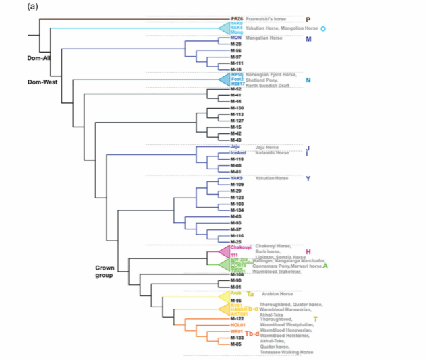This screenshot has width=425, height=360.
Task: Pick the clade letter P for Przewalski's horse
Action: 308,20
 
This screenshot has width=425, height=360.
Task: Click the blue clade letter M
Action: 308,39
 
